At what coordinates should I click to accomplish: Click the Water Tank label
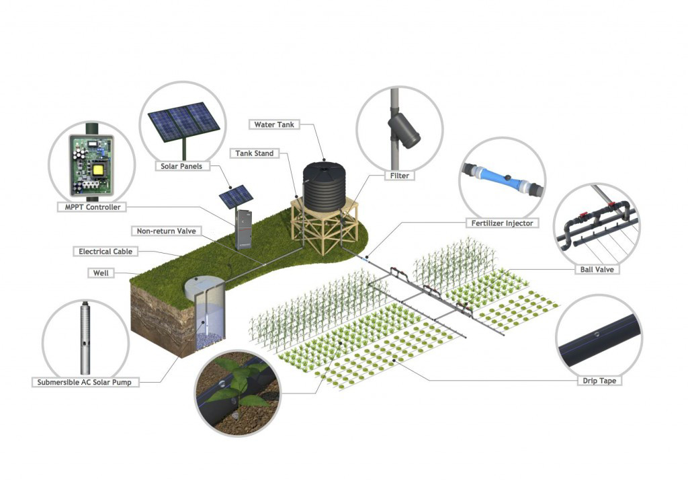click(x=274, y=124)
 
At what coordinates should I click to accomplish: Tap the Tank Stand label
click(x=255, y=153)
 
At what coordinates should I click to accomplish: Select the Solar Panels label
click(x=181, y=166)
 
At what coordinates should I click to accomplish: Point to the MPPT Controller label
click(x=93, y=207)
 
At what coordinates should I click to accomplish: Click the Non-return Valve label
click(x=167, y=231)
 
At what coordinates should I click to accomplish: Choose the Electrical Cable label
click(x=105, y=252)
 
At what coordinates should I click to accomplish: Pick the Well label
click(x=101, y=273)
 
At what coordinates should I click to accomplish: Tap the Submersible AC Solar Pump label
click(x=84, y=383)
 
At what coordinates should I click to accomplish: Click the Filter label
click(x=400, y=176)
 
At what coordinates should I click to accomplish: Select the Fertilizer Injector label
click(x=502, y=223)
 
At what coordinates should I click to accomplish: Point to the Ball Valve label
click(x=597, y=270)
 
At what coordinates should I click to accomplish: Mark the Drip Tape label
click(x=599, y=381)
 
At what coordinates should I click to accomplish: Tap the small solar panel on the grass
click(x=236, y=196)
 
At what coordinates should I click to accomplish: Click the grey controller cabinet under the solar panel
click(x=243, y=229)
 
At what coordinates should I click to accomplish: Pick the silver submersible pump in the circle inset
click(x=85, y=338)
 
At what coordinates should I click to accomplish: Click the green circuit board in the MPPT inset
click(x=91, y=165)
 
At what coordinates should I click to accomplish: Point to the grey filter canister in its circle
click(x=404, y=130)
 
